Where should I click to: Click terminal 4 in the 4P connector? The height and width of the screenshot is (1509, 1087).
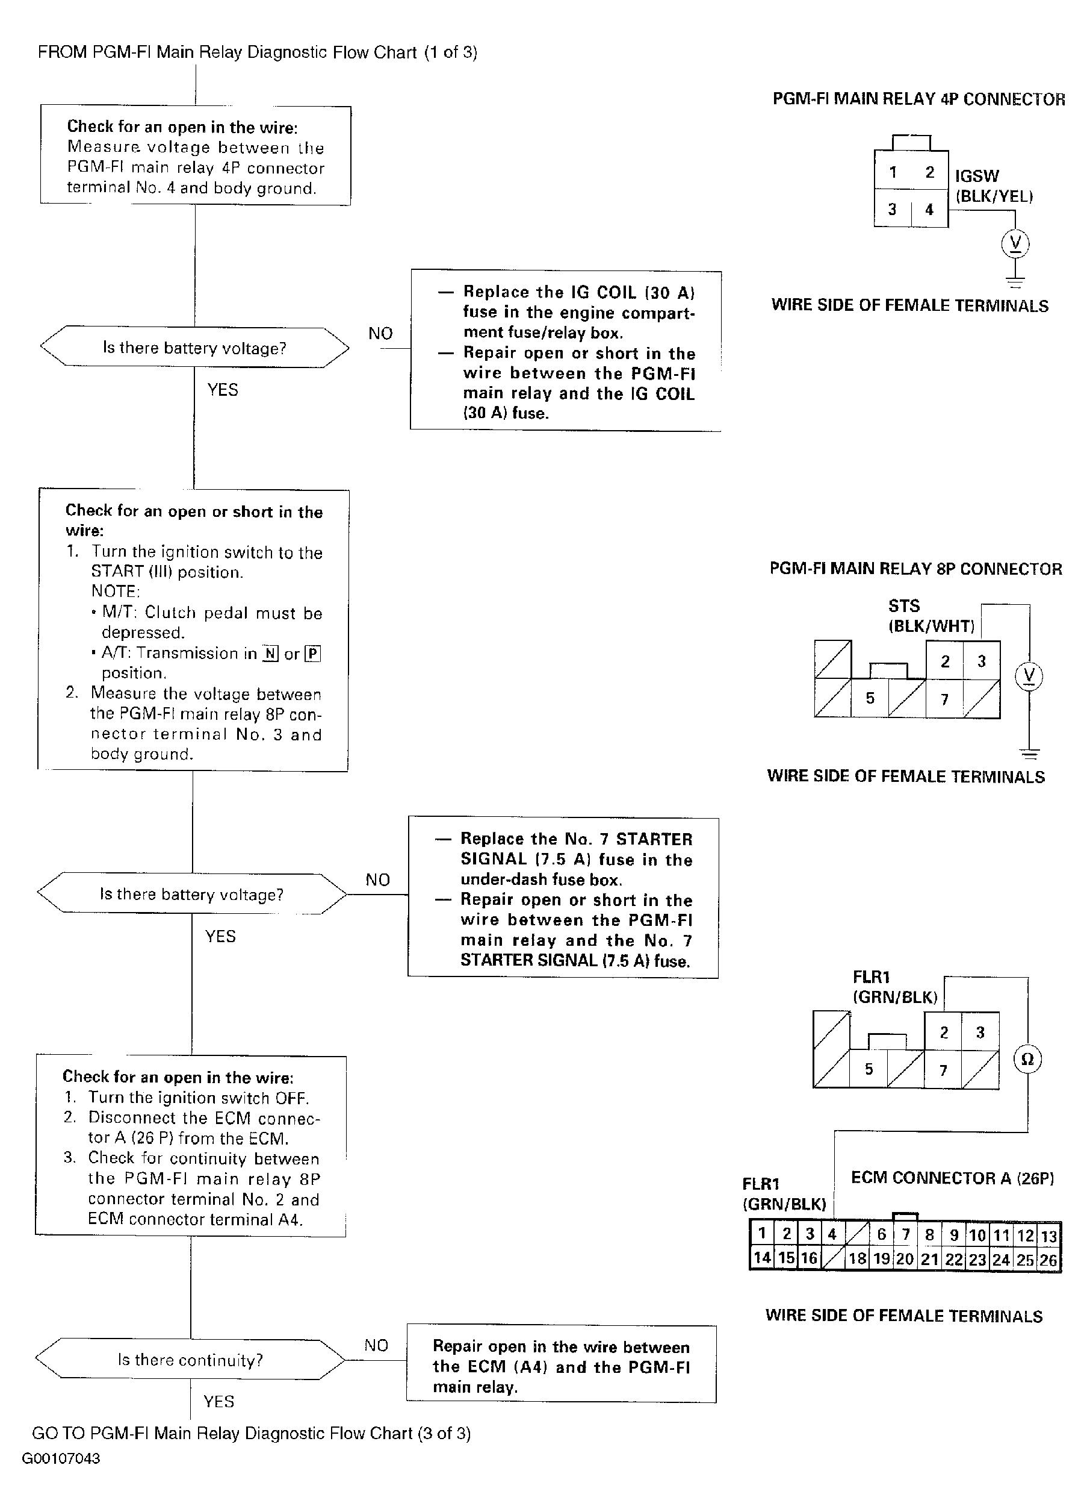(x=929, y=210)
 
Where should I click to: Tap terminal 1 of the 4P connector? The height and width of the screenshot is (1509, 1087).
(x=893, y=172)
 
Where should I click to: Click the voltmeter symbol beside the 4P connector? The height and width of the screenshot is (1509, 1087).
(x=1015, y=243)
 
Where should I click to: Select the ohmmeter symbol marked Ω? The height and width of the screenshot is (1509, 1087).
(x=1027, y=1059)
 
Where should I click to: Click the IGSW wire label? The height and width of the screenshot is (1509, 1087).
(x=977, y=177)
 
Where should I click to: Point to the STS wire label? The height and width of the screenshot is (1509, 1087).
(x=904, y=606)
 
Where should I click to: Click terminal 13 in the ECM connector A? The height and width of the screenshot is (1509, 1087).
(x=1049, y=1236)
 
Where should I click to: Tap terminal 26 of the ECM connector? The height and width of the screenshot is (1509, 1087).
(x=1049, y=1260)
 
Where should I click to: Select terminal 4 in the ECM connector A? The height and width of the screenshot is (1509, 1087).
(x=832, y=1234)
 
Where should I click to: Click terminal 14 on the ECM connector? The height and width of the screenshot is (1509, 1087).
(x=762, y=1258)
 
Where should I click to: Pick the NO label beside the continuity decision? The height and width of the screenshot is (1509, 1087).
(x=376, y=1345)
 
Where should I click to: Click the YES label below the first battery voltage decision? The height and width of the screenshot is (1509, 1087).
(x=223, y=390)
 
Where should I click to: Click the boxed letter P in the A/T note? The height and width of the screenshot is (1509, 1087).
(x=312, y=654)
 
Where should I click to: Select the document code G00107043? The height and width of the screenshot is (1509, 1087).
(x=61, y=1458)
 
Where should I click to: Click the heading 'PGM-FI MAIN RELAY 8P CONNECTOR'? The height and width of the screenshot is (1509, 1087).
(x=915, y=569)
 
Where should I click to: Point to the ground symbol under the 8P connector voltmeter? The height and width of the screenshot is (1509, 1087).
(x=1029, y=754)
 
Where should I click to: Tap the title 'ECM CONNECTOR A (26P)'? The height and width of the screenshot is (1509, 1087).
(x=952, y=1178)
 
